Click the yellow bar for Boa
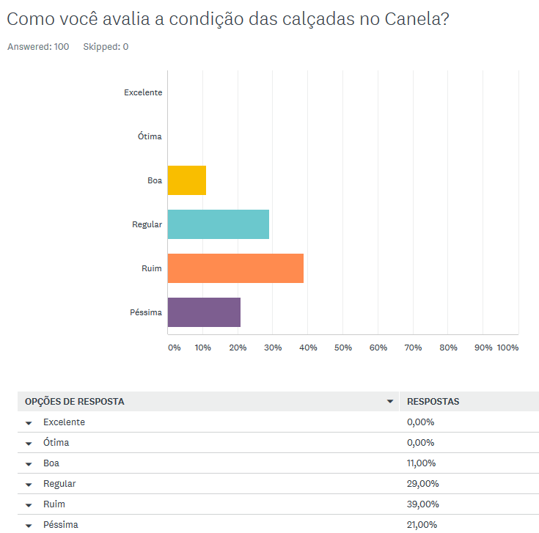tap(186, 180)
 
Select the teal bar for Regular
tap(218, 224)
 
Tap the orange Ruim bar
tap(235, 268)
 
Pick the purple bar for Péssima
tap(204, 312)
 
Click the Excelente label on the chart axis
tap(143, 92)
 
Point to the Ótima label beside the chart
tap(150, 136)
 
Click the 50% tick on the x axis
tap(343, 348)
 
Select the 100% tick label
tap(507, 348)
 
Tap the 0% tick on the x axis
tap(175, 348)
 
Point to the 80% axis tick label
tap(448, 348)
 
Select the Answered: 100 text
tap(38, 47)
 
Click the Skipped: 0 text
tap(106, 47)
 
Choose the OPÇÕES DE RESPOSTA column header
tap(75, 402)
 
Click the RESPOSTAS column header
tap(433, 402)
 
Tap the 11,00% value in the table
tap(422, 463)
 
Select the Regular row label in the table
tap(59, 484)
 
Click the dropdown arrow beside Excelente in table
tap(29, 423)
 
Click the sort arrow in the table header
tap(390, 402)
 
